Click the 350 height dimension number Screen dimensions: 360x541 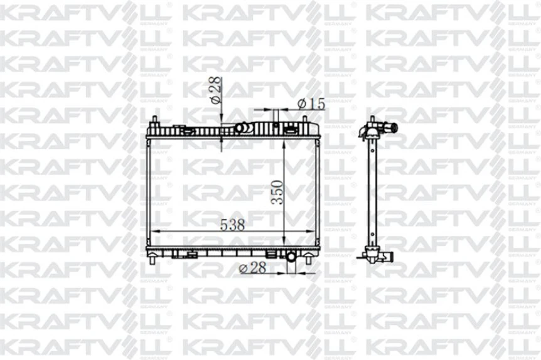pyautogui.click(x=277, y=193)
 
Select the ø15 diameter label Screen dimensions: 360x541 pyautogui.click(x=311, y=104)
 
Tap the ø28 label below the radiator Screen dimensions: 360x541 pyautogui.click(x=254, y=268)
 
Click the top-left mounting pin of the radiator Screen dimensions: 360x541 pyautogui.click(x=155, y=120)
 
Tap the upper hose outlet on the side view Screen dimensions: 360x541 pyautogui.click(x=392, y=129)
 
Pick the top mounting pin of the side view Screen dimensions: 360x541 pyautogui.click(x=372, y=119)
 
